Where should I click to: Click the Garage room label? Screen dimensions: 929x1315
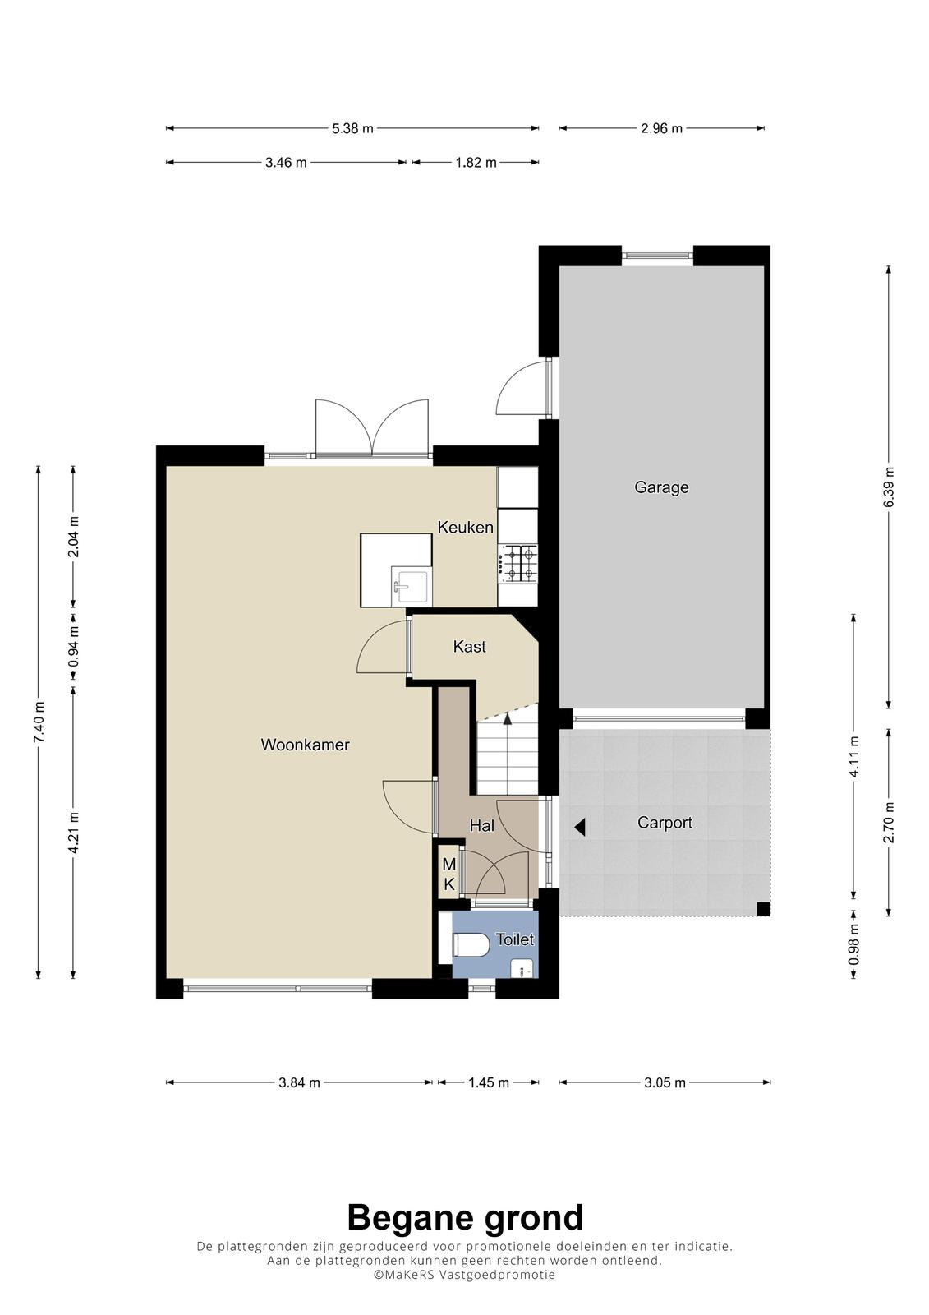click(660, 487)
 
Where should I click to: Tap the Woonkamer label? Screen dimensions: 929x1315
click(306, 745)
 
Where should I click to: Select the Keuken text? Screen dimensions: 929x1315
click(466, 527)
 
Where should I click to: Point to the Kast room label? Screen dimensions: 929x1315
click(470, 646)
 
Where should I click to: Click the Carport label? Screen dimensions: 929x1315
click(665, 823)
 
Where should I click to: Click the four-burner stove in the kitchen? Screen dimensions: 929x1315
click(517, 563)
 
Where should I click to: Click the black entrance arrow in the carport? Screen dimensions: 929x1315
click(580, 828)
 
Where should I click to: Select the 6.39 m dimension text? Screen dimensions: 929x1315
click(889, 487)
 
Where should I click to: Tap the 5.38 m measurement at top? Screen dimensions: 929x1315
click(352, 128)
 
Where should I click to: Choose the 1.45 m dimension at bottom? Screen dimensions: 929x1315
click(488, 1082)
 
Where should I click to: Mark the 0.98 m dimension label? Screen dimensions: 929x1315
click(853, 944)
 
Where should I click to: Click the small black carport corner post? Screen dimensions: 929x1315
click(763, 909)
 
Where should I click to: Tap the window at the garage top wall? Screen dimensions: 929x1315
click(657, 256)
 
